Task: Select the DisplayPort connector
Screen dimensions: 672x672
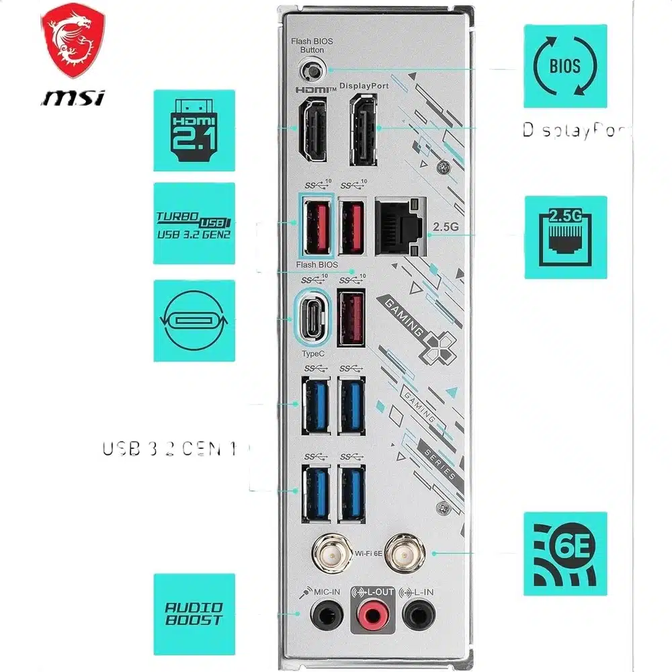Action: [364, 130]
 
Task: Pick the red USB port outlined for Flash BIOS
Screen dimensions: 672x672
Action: [316, 226]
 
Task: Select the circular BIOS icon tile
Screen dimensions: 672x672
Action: [565, 66]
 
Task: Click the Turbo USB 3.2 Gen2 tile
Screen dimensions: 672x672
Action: [194, 223]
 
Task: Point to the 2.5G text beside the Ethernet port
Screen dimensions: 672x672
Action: [445, 226]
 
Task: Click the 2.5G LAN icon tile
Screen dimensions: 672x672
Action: [565, 237]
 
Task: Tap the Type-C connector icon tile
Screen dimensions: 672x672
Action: [194, 321]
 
